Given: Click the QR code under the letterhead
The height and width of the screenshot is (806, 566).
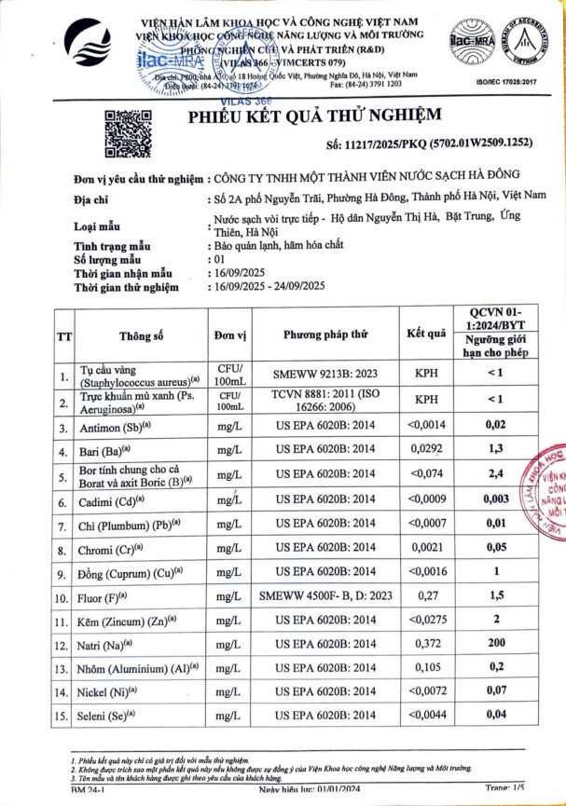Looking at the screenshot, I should (126, 135).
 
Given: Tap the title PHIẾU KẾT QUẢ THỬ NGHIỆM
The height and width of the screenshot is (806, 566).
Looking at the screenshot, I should (313, 116).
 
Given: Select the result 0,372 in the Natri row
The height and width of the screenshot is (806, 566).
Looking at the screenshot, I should (426, 644).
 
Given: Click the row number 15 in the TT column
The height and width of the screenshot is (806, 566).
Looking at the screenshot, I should (63, 717).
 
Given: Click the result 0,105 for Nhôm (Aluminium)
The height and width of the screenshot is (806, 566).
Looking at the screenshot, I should (426, 668).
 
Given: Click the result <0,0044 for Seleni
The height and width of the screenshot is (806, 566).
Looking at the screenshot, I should (426, 716).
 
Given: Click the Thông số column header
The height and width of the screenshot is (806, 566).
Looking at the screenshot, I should (141, 335).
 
